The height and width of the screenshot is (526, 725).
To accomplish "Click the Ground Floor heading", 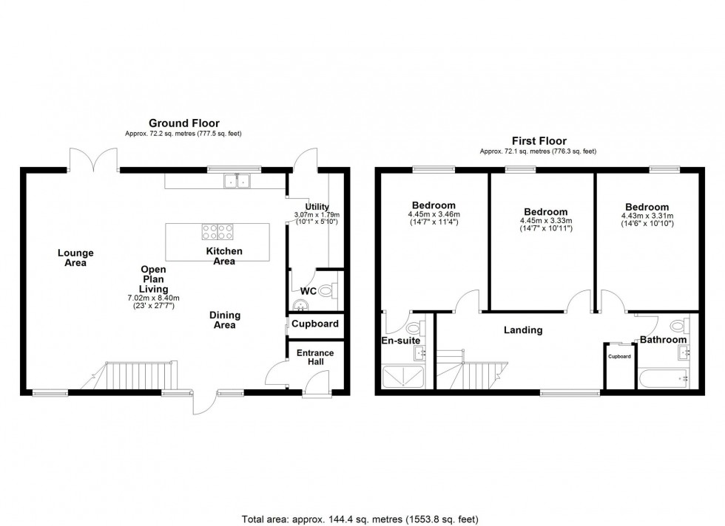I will pos(184,123).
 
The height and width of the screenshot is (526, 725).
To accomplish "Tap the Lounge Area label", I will pos(75,258).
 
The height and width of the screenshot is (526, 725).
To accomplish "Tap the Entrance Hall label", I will pos(315,358).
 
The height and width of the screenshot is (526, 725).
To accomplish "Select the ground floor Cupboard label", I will pos(315,324).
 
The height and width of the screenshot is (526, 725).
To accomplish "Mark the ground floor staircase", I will pos(138,376).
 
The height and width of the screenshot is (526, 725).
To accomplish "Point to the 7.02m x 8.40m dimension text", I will pos(154,298).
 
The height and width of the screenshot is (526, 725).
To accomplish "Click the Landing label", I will pos(523,330).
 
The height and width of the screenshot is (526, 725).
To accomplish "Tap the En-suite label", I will pos(400,341).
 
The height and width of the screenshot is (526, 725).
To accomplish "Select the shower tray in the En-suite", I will pos(403,376).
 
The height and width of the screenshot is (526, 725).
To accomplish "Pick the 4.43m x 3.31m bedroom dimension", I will pos(646,216).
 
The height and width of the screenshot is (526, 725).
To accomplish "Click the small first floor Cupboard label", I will pos(619,356).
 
